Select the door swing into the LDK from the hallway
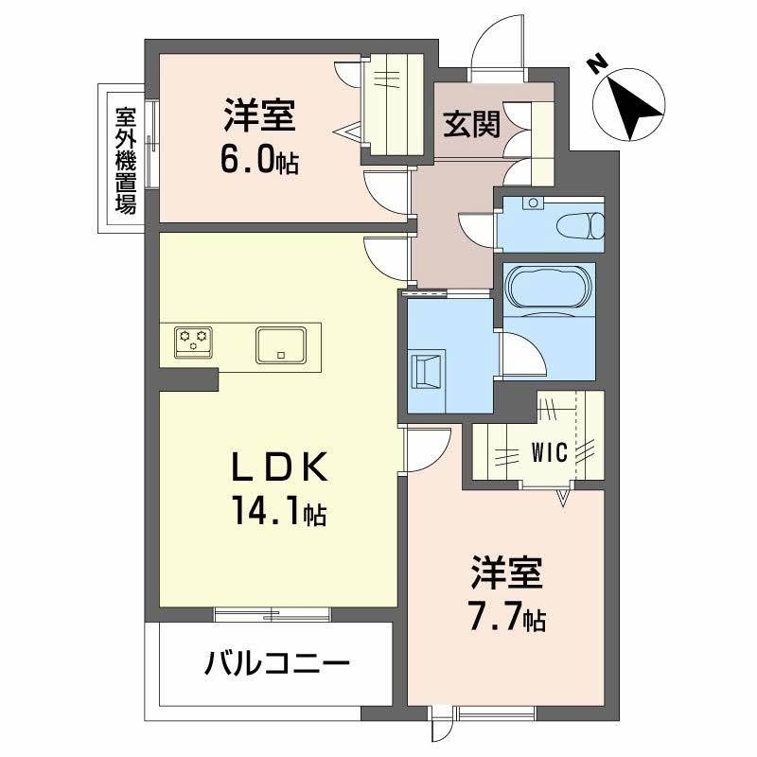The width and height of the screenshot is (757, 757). (389, 255)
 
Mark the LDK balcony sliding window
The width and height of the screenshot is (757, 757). (273, 614)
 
